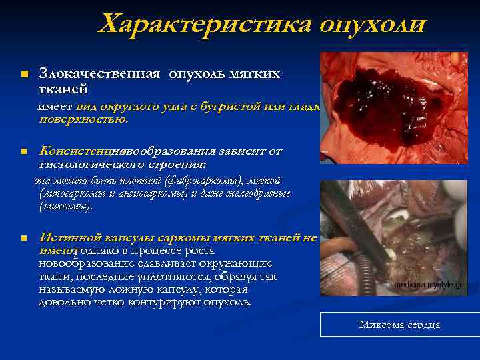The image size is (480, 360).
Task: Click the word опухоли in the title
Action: pos(371,25)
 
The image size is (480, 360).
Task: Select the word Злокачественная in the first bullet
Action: pos(99,73)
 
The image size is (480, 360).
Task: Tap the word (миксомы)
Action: pos(66,206)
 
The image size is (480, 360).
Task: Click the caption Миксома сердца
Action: pos(399,325)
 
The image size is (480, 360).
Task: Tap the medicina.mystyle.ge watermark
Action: pos(428,284)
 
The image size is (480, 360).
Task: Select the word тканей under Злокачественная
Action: pos(63,88)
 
